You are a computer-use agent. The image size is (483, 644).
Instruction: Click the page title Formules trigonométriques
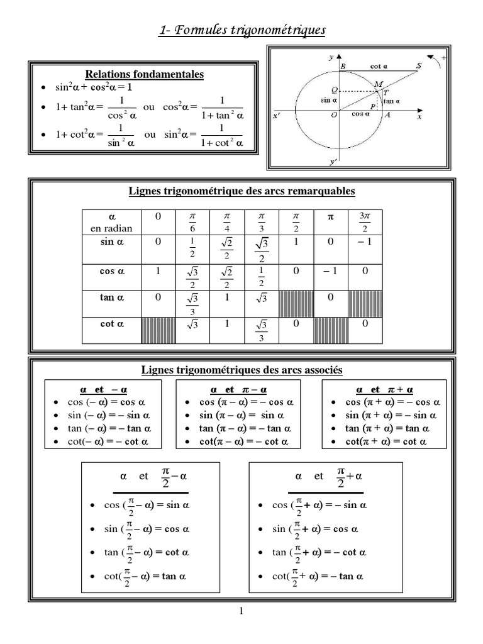(x=241, y=30)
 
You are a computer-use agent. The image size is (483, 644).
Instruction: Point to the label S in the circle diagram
(x=419, y=65)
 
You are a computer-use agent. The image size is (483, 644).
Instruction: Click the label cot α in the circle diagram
(x=379, y=66)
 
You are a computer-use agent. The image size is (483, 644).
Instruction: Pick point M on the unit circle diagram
(x=378, y=84)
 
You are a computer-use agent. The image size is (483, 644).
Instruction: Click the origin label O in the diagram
(x=333, y=115)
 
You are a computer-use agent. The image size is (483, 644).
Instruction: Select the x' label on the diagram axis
(x=277, y=116)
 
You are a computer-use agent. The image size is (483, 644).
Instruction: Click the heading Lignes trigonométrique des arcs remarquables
(x=241, y=191)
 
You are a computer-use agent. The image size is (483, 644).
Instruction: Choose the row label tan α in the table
(x=113, y=298)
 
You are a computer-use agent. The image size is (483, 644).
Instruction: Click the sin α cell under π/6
(x=193, y=248)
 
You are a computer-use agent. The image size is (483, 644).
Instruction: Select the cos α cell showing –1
(x=330, y=272)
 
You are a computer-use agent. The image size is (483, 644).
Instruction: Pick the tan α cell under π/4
(x=227, y=298)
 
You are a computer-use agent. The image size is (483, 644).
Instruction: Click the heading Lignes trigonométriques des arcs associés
(x=241, y=370)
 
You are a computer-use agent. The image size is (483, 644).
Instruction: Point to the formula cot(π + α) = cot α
(x=386, y=442)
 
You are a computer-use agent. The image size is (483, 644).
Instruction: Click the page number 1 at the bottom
(x=241, y=611)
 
